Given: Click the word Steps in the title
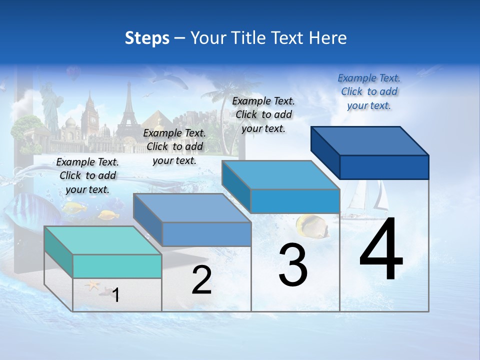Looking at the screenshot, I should pos(147,38).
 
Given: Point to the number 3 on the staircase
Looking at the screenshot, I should pos(293,265).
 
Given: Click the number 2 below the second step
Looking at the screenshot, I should pos(201,280).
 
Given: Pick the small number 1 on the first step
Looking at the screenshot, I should pos(116,295).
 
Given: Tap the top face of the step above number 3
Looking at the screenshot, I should pos(280,175).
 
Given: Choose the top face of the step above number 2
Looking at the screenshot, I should pos(192,208).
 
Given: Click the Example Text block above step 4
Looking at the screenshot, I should pos(369,91).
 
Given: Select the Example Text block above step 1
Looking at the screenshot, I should pos(87,175).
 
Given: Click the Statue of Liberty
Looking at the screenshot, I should pos(50,105).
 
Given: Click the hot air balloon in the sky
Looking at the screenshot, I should pos(73,74).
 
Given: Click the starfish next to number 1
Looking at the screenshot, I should pos(92,286).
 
